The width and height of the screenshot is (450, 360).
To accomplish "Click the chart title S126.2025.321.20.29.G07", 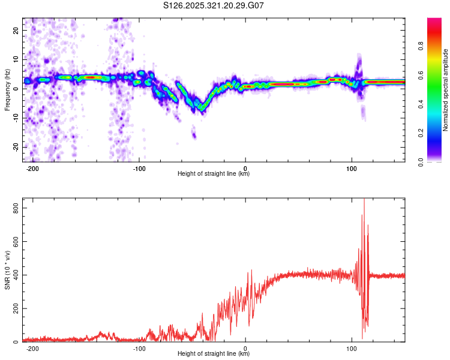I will click(x=214, y=5).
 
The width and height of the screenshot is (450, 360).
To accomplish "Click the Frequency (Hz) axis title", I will click(x=7, y=90).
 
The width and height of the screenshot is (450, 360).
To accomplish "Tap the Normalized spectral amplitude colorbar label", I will click(x=446, y=90).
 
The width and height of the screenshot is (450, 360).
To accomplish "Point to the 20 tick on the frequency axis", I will click(x=16, y=29).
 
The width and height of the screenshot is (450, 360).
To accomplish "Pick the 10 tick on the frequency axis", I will click(x=16, y=59).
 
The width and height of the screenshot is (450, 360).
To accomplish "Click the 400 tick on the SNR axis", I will click(x=14, y=275).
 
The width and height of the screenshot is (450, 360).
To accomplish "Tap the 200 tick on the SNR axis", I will click(x=14, y=308).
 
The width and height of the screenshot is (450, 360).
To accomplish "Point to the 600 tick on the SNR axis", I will click(x=14, y=241).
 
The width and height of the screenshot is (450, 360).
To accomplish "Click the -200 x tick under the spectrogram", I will click(x=33, y=168).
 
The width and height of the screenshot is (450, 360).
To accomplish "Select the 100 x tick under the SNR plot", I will click(x=352, y=348).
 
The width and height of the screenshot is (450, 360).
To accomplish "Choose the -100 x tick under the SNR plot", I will click(x=139, y=348).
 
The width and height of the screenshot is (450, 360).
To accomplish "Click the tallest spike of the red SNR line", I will click(x=364, y=200).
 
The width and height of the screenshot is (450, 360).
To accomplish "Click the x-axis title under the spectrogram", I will click(x=214, y=174).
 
